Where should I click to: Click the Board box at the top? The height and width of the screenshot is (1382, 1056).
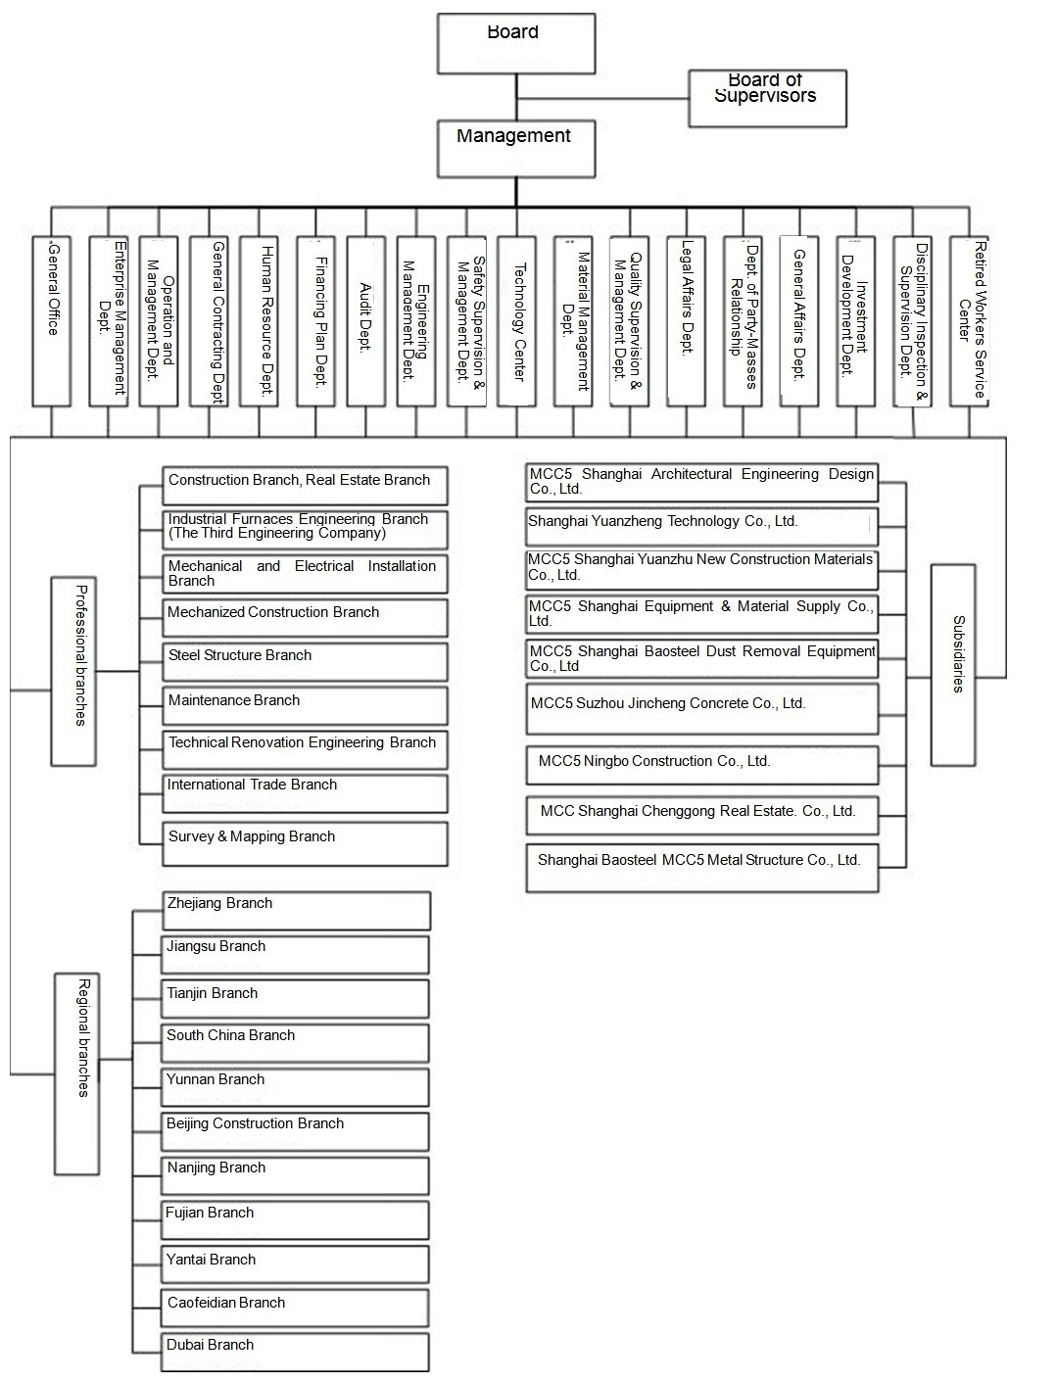516,43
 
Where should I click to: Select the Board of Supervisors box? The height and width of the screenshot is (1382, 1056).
767,98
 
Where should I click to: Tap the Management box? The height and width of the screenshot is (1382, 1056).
516,149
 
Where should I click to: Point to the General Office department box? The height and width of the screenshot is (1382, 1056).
52,321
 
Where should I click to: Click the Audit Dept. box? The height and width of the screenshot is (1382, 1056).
366,321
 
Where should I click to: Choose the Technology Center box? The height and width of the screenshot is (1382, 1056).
516,321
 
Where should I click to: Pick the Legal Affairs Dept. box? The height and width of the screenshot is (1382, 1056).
687,321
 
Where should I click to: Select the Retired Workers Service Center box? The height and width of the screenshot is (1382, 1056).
970,321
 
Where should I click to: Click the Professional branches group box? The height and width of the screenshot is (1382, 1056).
73,671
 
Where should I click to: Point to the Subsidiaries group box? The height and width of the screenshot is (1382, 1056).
953,664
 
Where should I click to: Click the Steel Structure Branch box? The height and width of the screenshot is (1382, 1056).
305,662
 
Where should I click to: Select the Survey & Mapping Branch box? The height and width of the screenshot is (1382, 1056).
305,843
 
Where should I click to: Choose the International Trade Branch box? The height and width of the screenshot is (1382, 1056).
305,793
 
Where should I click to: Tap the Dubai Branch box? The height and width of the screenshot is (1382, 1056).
297,1352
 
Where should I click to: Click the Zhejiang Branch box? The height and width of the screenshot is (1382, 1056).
297,910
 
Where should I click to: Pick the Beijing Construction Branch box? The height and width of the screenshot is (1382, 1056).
297,1131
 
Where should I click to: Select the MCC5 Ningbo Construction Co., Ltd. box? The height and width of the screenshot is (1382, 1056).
701,765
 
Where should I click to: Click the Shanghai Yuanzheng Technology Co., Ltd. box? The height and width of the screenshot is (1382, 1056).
701,526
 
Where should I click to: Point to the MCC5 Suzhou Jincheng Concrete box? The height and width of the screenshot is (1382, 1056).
701,709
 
